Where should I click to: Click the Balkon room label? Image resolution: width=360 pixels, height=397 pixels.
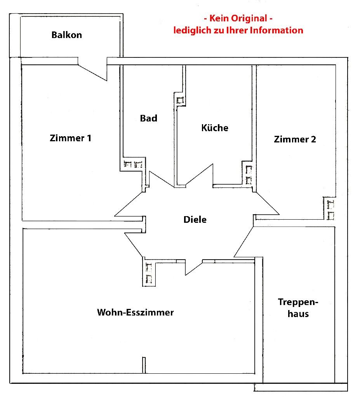point(67,35)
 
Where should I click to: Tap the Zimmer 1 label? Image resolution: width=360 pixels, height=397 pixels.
point(70,138)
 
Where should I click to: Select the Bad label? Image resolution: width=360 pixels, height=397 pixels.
point(149,118)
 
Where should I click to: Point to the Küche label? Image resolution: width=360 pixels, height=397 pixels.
point(215,128)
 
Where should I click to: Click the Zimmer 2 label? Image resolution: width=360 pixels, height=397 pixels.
point(295,139)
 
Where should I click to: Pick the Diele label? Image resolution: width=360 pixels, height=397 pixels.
point(195,220)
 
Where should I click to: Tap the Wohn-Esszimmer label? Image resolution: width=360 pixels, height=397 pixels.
point(135,312)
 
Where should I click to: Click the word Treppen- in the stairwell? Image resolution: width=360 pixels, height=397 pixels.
point(298,302)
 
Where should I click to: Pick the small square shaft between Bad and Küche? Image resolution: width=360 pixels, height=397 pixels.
point(180,100)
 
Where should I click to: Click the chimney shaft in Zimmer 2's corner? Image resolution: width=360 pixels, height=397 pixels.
point(330,208)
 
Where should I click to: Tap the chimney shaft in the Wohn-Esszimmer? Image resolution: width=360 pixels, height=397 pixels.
point(149,272)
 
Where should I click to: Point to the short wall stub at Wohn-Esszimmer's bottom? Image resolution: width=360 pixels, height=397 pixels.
point(144,365)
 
